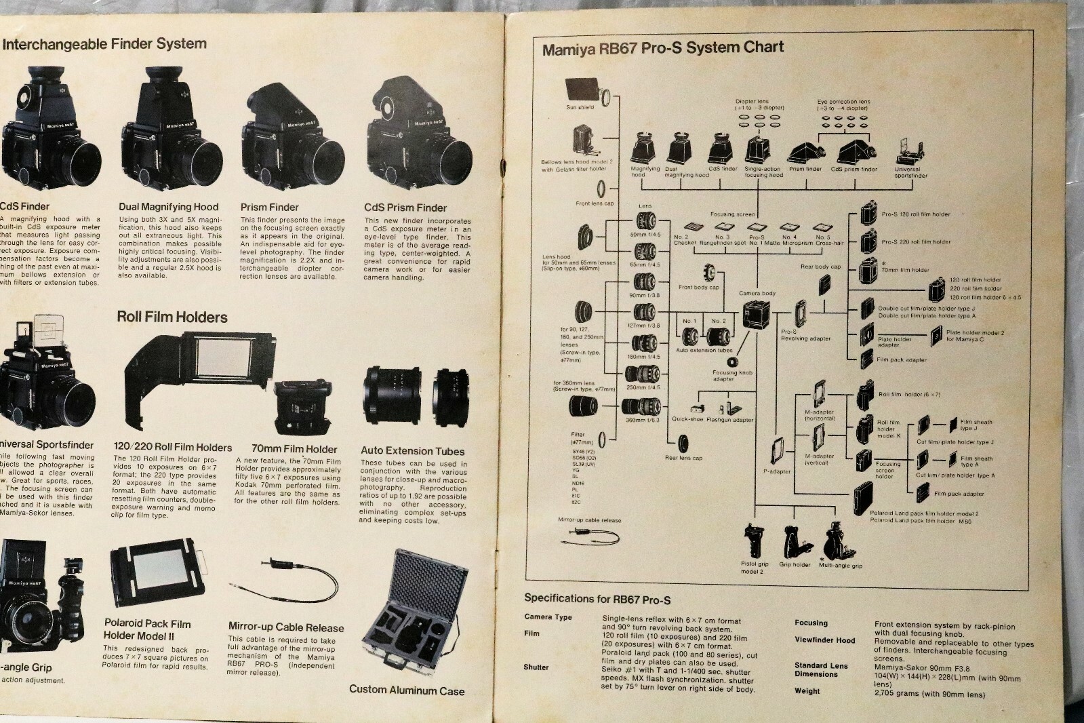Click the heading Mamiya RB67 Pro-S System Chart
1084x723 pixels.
pos(662,48)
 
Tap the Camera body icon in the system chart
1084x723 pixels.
pos(752,314)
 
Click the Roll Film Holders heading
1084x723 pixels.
pos(172,317)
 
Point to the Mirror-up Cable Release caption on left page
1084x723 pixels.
pos(285,627)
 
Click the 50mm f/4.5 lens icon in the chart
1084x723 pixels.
pos(645,220)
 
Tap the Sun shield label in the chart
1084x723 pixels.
pos(580,107)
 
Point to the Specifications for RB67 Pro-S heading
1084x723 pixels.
pos(597,599)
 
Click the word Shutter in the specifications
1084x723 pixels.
pos(536,667)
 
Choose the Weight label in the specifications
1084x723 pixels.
pos(807,691)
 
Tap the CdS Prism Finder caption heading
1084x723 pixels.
pos(405,208)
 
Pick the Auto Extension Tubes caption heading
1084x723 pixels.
pos(412,451)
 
